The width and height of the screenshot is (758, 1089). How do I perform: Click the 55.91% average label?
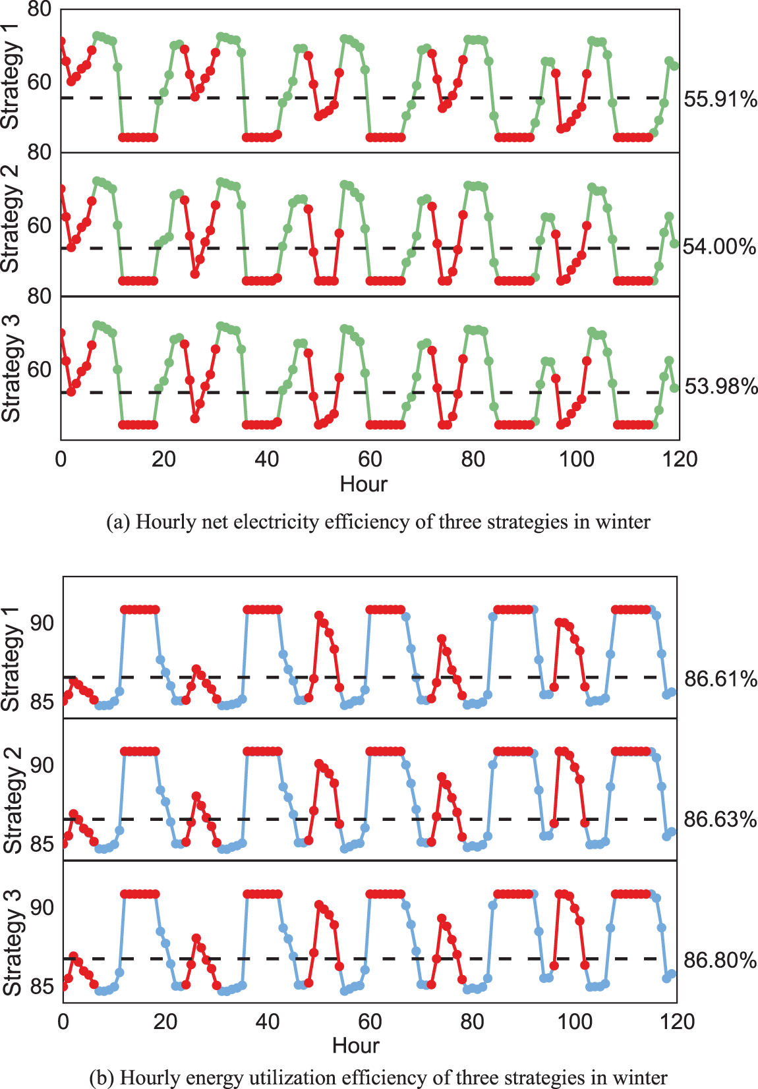720,99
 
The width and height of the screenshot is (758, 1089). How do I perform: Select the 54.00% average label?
718,247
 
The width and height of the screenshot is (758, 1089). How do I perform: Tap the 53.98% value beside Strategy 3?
720,386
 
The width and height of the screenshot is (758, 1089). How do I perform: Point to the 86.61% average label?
720,679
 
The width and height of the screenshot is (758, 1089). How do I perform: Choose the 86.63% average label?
719,820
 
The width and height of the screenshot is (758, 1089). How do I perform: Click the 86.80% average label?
719,960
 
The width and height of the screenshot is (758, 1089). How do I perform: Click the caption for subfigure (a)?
378,522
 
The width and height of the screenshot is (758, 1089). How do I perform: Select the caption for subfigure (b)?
378,1077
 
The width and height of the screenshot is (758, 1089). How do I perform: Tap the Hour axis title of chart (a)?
363,484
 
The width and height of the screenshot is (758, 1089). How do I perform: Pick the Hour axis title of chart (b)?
356,1046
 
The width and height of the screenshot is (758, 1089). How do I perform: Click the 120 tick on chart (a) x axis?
680,459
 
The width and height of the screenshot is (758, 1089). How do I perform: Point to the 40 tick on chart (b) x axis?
268,1021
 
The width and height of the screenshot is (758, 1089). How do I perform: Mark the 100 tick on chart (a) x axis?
576,459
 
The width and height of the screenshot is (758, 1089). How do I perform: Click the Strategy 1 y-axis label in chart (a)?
11,76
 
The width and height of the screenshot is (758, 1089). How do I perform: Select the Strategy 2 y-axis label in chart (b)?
13,800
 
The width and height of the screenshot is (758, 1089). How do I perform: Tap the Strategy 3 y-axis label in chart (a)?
11,368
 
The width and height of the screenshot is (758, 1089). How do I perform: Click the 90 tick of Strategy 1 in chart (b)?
42,623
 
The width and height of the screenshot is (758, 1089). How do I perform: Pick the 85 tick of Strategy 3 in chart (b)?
42,986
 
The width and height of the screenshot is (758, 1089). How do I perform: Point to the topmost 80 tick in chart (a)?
40,9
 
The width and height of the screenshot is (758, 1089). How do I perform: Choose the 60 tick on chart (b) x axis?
370,1021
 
